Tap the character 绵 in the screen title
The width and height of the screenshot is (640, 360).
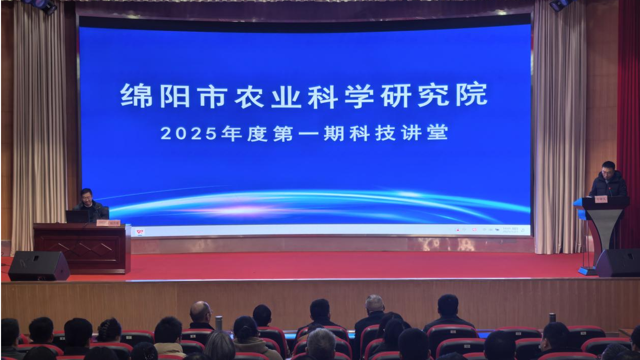pos(136,95)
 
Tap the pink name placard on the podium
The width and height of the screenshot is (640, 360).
pos(601,199)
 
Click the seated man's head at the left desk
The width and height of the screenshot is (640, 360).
pos(87,196)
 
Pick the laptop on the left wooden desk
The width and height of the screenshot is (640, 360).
pos(77,217)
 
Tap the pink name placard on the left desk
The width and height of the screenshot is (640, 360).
pos(108,222)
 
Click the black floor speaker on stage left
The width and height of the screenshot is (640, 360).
pos(38,266)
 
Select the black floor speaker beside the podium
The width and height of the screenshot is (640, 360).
pos(618,263)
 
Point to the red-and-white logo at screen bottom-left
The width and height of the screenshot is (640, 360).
pos(140,232)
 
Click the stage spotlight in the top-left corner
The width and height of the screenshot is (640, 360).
pos(45,5)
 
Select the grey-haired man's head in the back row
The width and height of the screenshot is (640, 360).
pos(375,304)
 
